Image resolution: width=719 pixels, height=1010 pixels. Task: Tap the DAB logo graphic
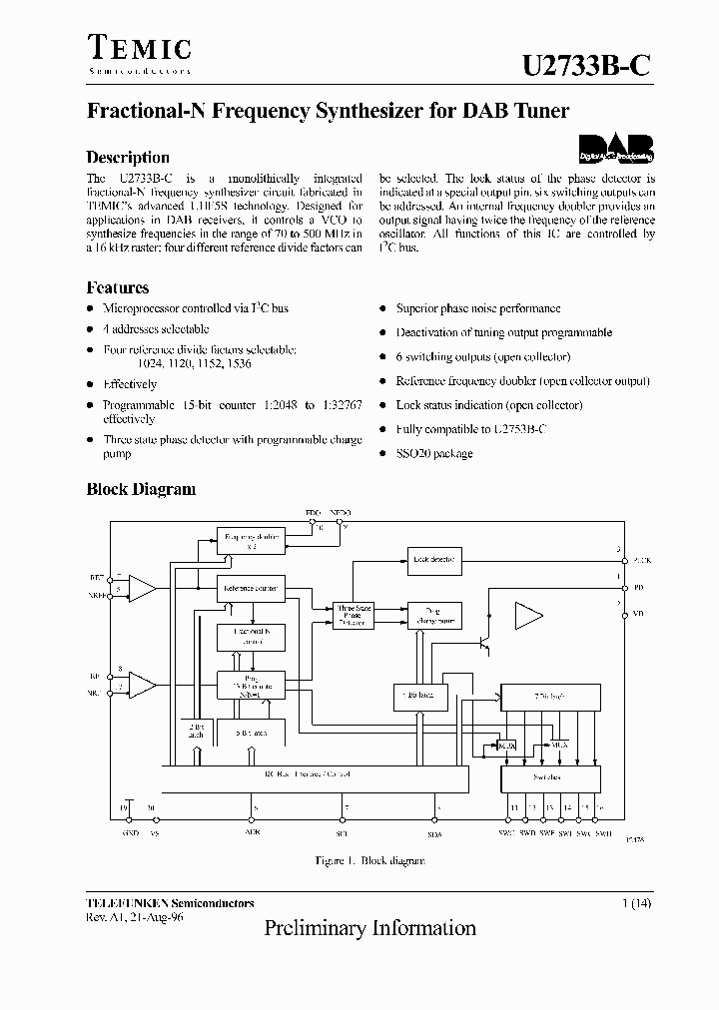(616, 149)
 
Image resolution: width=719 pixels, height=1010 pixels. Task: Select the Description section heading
(128, 158)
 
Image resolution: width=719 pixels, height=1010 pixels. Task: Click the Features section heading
(118, 287)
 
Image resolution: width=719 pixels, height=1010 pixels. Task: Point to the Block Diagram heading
(141, 489)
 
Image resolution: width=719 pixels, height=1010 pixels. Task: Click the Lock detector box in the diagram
(433, 560)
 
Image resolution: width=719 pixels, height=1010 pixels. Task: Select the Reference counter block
(251, 588)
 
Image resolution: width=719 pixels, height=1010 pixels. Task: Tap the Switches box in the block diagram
(548, 777)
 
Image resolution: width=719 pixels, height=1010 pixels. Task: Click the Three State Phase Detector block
(353, 616)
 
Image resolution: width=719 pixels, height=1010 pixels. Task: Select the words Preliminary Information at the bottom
(369, 928)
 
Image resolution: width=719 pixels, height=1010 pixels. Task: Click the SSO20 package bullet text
(434, 453)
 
